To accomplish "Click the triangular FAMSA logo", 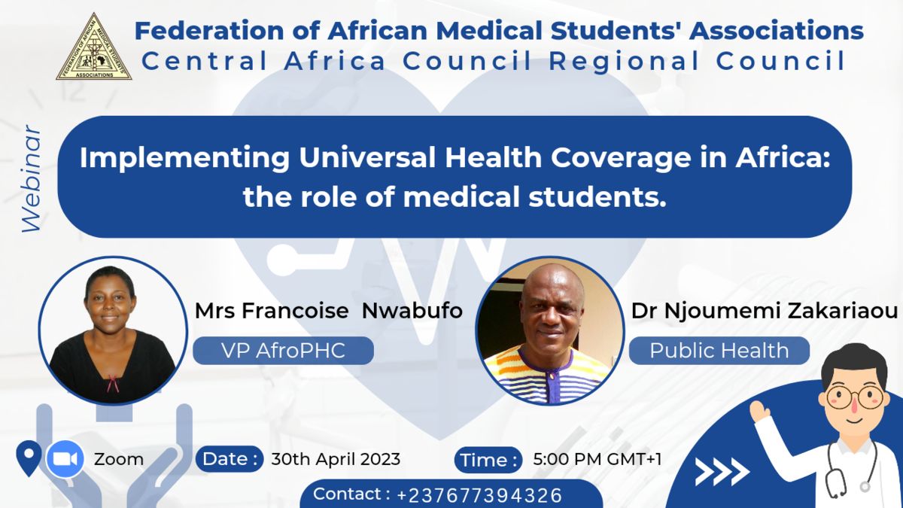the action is (94, 48).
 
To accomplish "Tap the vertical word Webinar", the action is (32, 179).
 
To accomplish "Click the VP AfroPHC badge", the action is (283, 351).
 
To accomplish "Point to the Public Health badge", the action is (719, 351).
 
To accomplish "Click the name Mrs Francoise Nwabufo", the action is (329, 311).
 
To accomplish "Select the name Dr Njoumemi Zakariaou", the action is (765, 311).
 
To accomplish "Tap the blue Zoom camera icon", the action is (65, 459).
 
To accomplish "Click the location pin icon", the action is (29, 458).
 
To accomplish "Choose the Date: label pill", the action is (230, 459).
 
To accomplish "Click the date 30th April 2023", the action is (336, 459).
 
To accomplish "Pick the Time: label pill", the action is (488, 460).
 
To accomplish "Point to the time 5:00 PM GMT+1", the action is (597, 459).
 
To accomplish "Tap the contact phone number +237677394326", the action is (479, 495).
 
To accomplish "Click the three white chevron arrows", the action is (722, 472).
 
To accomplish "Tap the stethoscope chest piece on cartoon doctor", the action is (865, 487).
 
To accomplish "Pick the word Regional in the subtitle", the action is (624, 62).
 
